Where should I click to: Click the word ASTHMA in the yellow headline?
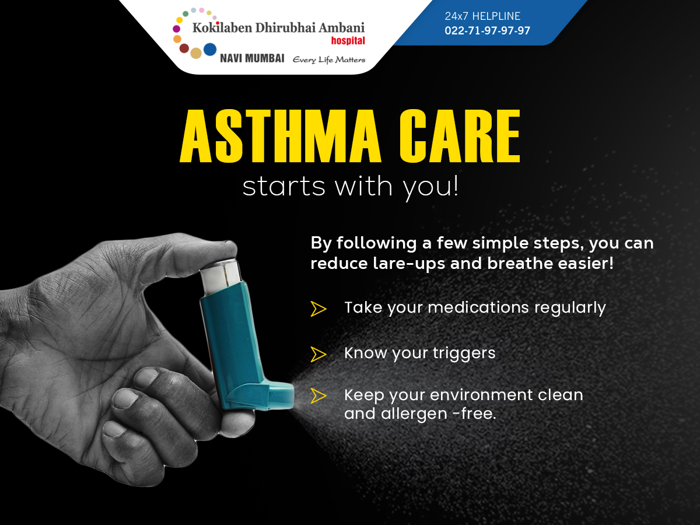point(281,136)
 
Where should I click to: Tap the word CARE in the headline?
point(460,136)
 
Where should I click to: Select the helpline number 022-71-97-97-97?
point(487,30)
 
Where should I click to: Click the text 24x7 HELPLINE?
point(482,16)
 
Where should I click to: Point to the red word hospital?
point(348,41)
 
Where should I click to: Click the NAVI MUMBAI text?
point(252,58)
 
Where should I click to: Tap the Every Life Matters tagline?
point(329,60)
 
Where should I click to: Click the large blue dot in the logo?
point(210,50)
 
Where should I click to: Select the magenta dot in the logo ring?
point(176,29)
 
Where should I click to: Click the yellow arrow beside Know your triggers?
point(318,354)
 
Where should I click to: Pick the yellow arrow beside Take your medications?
point(318,309)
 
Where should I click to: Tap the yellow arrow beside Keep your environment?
point(318,396)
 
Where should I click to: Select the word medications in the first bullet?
point(478,307)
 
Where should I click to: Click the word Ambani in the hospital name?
point(342,28)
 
